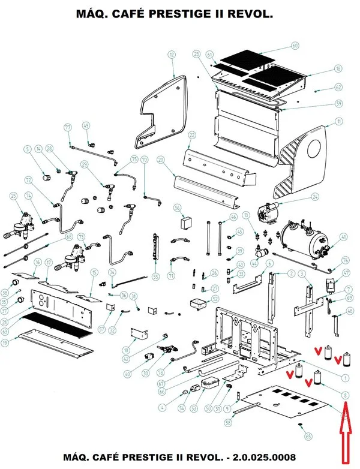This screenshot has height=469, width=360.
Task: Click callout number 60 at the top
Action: [295, 46]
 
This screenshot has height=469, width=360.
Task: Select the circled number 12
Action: [172, 55]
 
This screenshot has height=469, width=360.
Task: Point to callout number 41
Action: [343, 237]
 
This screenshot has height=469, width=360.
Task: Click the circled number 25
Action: [13, 196]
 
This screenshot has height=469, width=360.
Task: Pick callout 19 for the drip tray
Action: [5, 342]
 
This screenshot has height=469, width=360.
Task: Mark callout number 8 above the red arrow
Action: [345, 394]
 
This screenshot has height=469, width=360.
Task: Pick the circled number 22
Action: [192, 134]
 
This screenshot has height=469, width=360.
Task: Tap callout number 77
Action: [68, 127]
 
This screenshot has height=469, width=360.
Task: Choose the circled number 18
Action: [338, 70]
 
